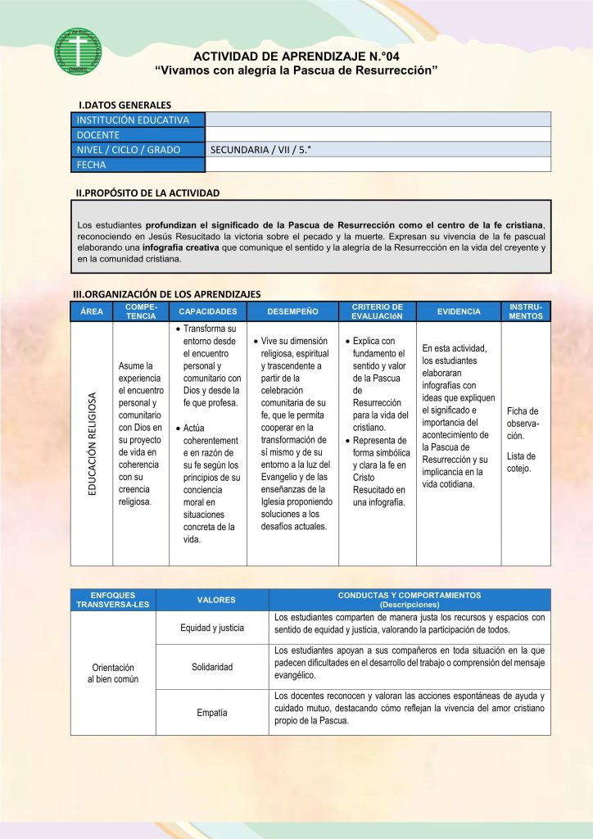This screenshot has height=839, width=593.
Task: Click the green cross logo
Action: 78,51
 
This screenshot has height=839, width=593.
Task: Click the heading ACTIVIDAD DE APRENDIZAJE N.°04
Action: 296,57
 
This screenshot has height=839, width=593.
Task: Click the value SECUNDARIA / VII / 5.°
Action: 260,150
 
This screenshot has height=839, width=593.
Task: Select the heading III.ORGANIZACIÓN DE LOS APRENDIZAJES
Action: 167,293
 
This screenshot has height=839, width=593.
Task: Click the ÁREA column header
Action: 92,311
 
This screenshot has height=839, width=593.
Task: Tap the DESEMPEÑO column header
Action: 292,311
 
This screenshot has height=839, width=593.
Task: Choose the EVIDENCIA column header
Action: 459,311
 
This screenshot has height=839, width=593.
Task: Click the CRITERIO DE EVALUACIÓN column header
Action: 377,311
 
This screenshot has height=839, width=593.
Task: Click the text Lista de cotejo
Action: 521,462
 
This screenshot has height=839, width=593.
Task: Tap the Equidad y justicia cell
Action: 211,628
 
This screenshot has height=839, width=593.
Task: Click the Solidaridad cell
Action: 211,667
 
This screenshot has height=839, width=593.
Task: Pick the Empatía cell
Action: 211,713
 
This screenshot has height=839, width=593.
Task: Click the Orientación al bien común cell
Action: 113,673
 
